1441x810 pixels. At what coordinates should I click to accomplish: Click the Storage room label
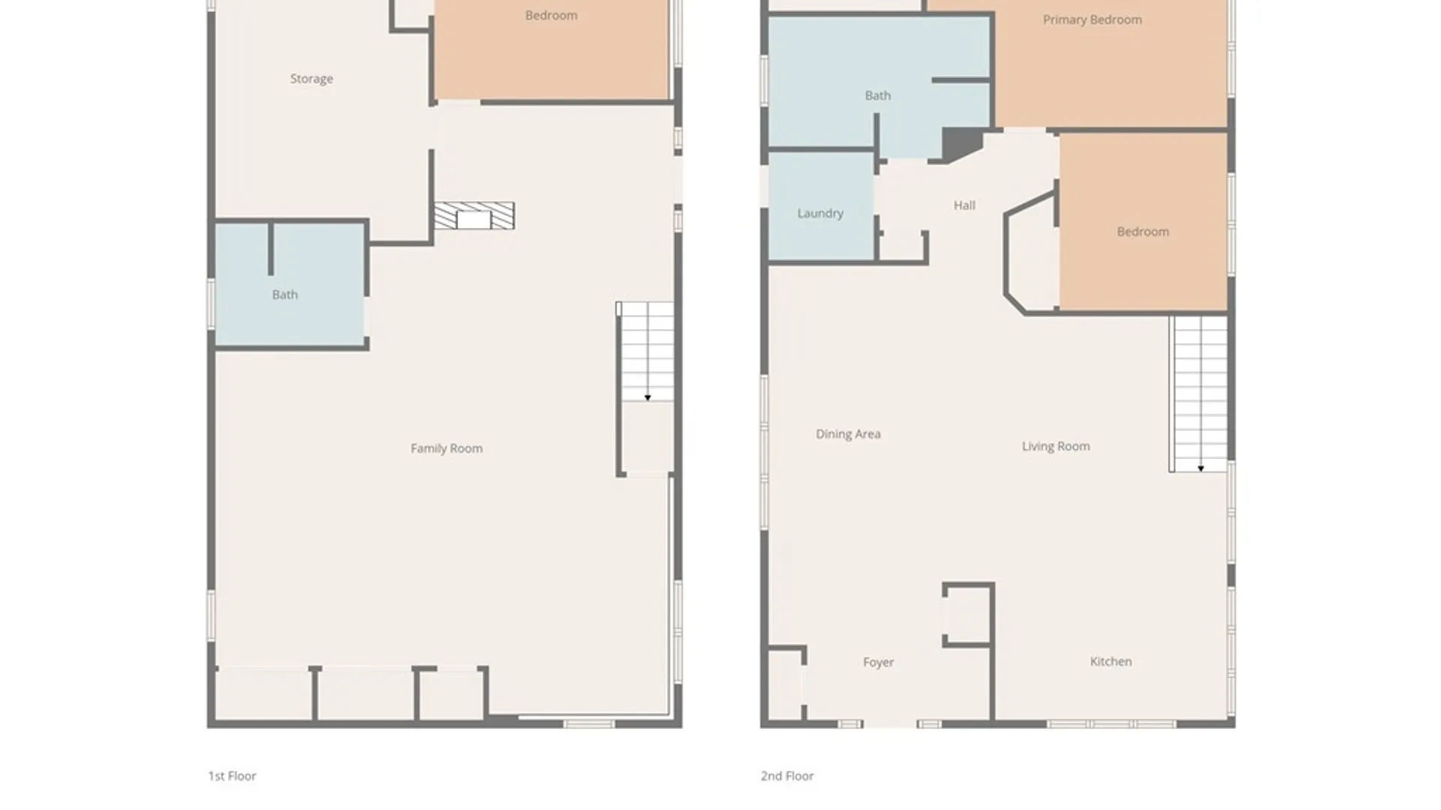point(311,79)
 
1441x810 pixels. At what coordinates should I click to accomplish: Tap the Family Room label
point(447,448)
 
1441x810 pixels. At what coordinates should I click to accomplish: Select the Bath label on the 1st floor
point(284,295)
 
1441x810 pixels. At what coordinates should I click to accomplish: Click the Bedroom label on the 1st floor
point(551,16)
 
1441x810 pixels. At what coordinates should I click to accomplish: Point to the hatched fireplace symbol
point(474,216)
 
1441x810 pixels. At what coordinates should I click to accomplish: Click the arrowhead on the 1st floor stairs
point(648,397)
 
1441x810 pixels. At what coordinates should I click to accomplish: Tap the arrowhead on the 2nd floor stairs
point(1201,468)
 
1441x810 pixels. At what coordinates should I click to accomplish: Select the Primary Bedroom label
point(1092,20)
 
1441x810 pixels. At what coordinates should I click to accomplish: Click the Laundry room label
point(820,214)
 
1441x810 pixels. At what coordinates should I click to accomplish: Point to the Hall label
point(964,205)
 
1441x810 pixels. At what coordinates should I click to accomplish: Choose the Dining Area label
point(848,434)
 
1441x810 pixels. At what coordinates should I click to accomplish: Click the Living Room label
point(1055,446)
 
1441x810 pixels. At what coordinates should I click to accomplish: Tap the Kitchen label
point(1111,661)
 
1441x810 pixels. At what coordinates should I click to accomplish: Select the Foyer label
point(878,662)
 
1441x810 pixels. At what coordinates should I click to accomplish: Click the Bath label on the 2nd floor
point(877,96)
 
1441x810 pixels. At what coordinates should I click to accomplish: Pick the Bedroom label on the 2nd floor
point(1142,232)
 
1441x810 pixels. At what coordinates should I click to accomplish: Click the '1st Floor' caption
point(232,776)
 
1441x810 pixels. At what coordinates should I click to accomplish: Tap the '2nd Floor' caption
point(787,776)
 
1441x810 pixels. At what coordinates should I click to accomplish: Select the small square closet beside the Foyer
point(968,614)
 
